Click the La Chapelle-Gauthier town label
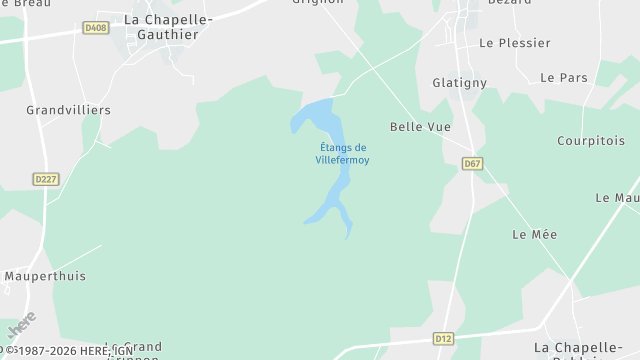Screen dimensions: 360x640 coord(161,26)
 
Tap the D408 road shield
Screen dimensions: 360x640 coord(96,28)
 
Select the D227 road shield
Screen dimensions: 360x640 coord(45,179)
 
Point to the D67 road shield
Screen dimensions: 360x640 coord(473,162)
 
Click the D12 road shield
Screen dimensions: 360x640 coord(444,339)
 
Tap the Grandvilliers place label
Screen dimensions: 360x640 coord(68,110)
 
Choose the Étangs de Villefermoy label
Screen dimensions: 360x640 coord(342,154)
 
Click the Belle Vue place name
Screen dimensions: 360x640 coord(420,127)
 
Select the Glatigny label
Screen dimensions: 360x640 coord(459,83)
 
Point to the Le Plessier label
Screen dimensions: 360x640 coord(515,43)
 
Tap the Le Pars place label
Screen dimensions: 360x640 coord(563,77)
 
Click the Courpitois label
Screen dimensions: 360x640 coord(591,141)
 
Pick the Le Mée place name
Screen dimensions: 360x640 coord(534,234)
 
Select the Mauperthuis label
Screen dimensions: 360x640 coord(45,276)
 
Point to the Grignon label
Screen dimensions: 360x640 coord(317,3)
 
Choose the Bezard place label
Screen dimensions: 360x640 coord(509,3)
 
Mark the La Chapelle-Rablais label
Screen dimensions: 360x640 coord(585,348)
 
